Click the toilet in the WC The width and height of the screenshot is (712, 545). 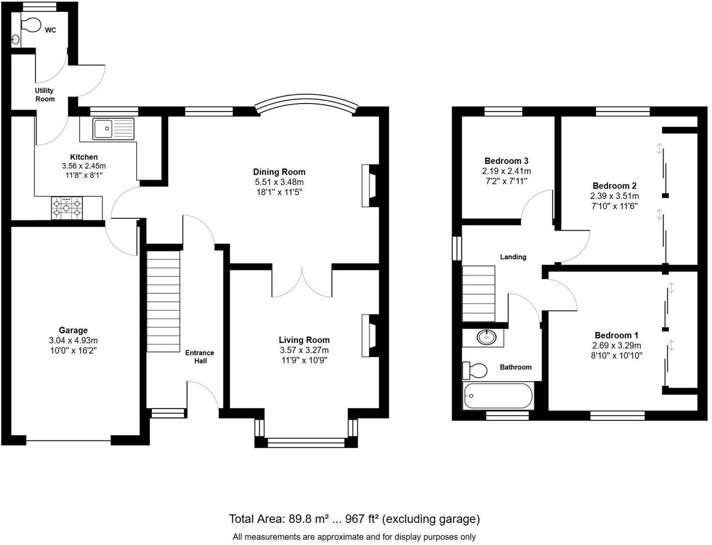coord(31,25)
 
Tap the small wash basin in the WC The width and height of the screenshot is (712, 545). coord(16,39)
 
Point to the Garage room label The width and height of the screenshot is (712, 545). coord(73,330)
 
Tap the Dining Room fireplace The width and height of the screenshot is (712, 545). coord(370,185)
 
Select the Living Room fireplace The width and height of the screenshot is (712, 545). coord(370,335)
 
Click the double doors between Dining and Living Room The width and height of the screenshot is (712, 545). coord(303,281)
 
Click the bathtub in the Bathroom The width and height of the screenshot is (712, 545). coord(498,396)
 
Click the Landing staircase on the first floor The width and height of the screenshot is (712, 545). coord(479,293)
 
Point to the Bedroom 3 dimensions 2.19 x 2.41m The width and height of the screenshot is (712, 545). coord(506,171)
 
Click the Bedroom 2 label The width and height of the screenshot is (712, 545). coord(615,186)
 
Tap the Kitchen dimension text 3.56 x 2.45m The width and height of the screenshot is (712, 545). coord(84,166)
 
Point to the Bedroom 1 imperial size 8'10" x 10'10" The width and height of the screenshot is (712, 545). coord(617,356)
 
